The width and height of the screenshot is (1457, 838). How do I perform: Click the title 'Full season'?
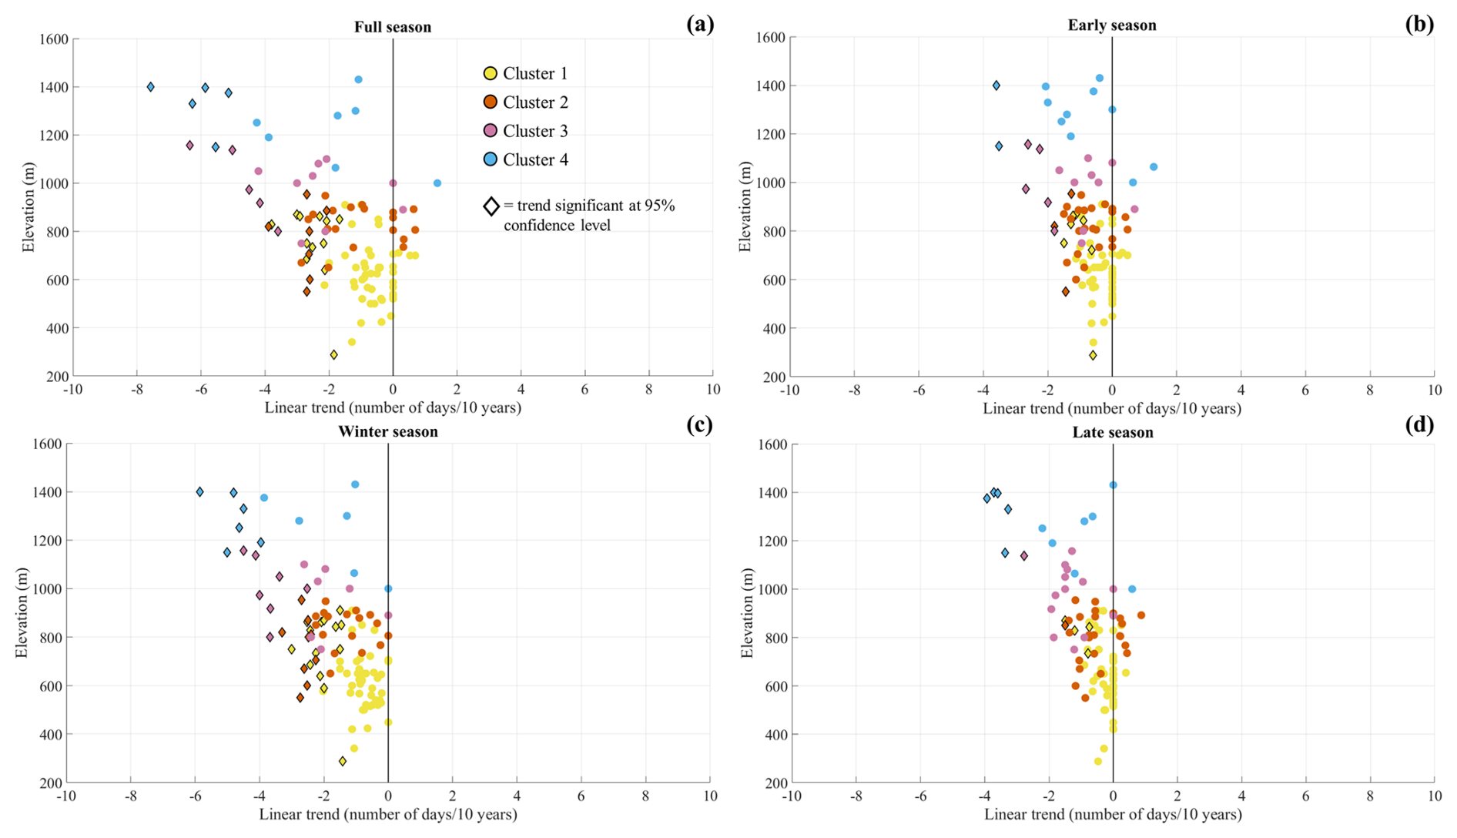tap(393, 27)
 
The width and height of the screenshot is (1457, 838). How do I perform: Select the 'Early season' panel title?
tap(1111, 25)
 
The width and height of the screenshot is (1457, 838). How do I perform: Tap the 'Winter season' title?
tap(388, 431)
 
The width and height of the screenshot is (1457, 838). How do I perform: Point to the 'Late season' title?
tap(1113, 432)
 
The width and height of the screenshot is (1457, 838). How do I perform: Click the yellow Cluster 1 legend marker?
tap(490, 73)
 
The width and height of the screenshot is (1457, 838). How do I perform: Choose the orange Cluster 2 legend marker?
tap(490, 102)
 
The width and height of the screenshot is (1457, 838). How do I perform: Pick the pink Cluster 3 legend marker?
tap(490, 131)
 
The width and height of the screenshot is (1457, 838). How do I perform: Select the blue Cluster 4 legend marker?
tap(490, 159)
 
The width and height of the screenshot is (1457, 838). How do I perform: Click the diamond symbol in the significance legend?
tap(491, 206)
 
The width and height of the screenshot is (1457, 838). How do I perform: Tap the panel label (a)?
tap(700, 24)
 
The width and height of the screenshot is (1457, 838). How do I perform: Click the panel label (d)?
tap(1419, 424)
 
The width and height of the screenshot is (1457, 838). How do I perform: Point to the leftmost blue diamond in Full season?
tap(151, 87)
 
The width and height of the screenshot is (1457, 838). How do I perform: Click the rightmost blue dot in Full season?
tap(437, 183)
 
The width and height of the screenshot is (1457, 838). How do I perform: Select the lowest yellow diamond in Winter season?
tap(343, 761)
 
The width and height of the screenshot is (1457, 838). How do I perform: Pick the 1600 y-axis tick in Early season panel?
tap(772, 38)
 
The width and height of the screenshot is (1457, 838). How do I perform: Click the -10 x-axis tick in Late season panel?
tap(792, 796)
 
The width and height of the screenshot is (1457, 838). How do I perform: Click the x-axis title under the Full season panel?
tap(393, 407)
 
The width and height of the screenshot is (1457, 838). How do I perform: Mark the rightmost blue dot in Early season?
tap(1154, 167)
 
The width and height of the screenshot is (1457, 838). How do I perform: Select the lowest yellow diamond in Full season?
tap(333, 355)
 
